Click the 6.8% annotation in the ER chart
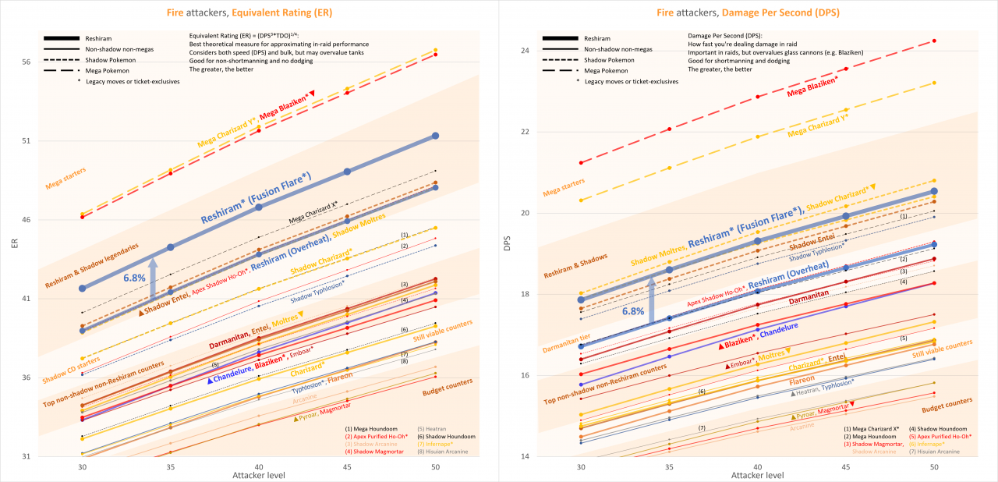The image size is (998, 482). (x=135, y=276)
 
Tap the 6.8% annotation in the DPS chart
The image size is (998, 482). (x=633, y=310)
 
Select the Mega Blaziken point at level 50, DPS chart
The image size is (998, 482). (x=934, y=41)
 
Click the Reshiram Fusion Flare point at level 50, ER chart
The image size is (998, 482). (x=435, y=136)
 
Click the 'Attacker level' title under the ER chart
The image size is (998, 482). (x=259, y=474)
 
